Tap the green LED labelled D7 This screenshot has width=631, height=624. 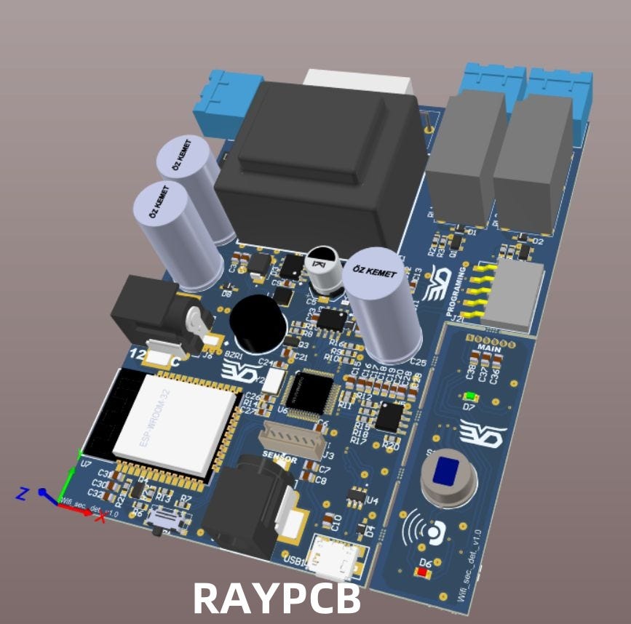[x=470, y=396]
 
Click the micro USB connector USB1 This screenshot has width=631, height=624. [x=333, y=558]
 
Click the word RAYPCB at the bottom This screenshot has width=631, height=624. [x=277, y=599]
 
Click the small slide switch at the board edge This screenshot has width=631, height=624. [x=165, y=519]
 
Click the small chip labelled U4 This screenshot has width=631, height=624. [x=357, y=495]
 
